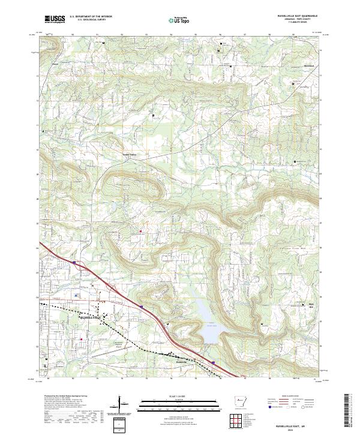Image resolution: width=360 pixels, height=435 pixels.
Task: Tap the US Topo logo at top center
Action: tap(181, 20)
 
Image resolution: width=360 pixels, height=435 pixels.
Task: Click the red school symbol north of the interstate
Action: tap(141, 230)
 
